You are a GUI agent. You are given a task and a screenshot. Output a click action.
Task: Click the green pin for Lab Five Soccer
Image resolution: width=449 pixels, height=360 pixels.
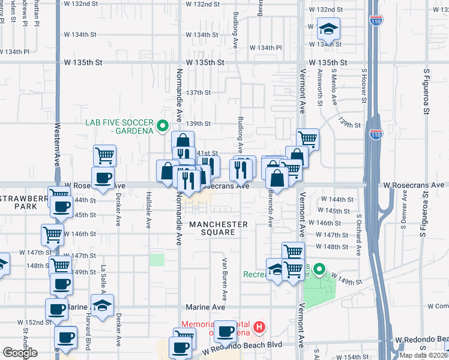(161, 126)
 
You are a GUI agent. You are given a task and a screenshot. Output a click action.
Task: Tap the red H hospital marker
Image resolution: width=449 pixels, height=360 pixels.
(259, 327)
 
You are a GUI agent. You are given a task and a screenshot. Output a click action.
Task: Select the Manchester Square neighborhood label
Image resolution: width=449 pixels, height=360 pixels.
(218, 228)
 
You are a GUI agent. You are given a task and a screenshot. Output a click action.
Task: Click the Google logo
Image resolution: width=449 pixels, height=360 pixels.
(20, 353)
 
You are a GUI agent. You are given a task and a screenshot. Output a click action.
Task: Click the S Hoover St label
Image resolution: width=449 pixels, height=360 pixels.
(363, 87)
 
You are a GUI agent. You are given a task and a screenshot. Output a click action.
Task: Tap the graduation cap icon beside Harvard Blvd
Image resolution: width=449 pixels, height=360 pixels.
(103, 304)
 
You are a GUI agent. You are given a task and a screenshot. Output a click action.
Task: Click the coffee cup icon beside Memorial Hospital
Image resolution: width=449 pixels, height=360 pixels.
(226, 331)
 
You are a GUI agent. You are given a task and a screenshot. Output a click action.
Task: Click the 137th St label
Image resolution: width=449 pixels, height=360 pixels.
(198, 93)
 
